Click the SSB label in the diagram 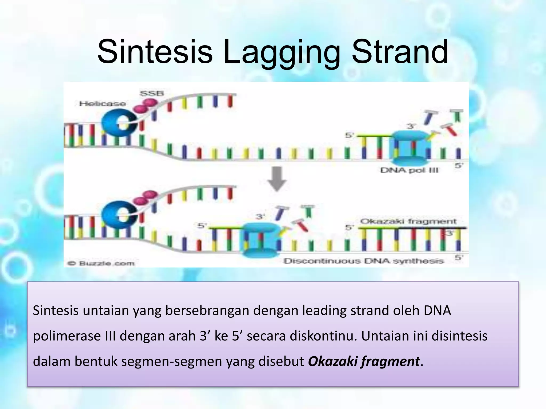coord(152,93)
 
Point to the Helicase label coord(102,104)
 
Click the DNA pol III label coord(409,170)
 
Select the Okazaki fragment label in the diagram coord(408,221)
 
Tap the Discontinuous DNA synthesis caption coord(363,261)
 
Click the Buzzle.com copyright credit coord(101,263)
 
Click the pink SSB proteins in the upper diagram coord(145,105)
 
